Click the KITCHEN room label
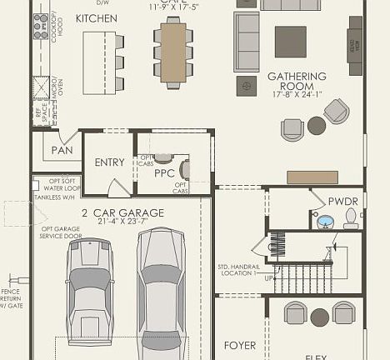click(x=96, y=17)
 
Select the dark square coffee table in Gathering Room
click(x=290, y=41)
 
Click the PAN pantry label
click(x=62, y=150)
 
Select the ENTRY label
click(x=109, y=162)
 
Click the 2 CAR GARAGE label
click(x=122, y=212)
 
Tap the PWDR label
click(x=342, y=201)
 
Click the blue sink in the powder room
click(x=326, y=222)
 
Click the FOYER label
click(x=241, y=344)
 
